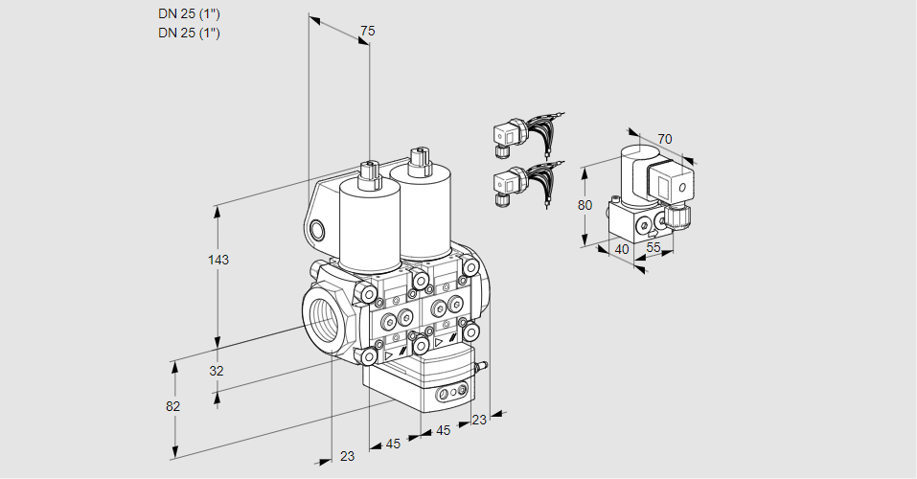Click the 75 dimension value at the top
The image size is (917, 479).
367,32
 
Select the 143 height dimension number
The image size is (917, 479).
219,260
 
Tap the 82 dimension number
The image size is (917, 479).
172,406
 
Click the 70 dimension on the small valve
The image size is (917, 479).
665,139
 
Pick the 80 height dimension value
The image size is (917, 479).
585,205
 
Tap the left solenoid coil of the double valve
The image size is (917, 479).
370,225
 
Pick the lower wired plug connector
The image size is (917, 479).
507,184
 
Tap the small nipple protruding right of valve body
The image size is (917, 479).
483,365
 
